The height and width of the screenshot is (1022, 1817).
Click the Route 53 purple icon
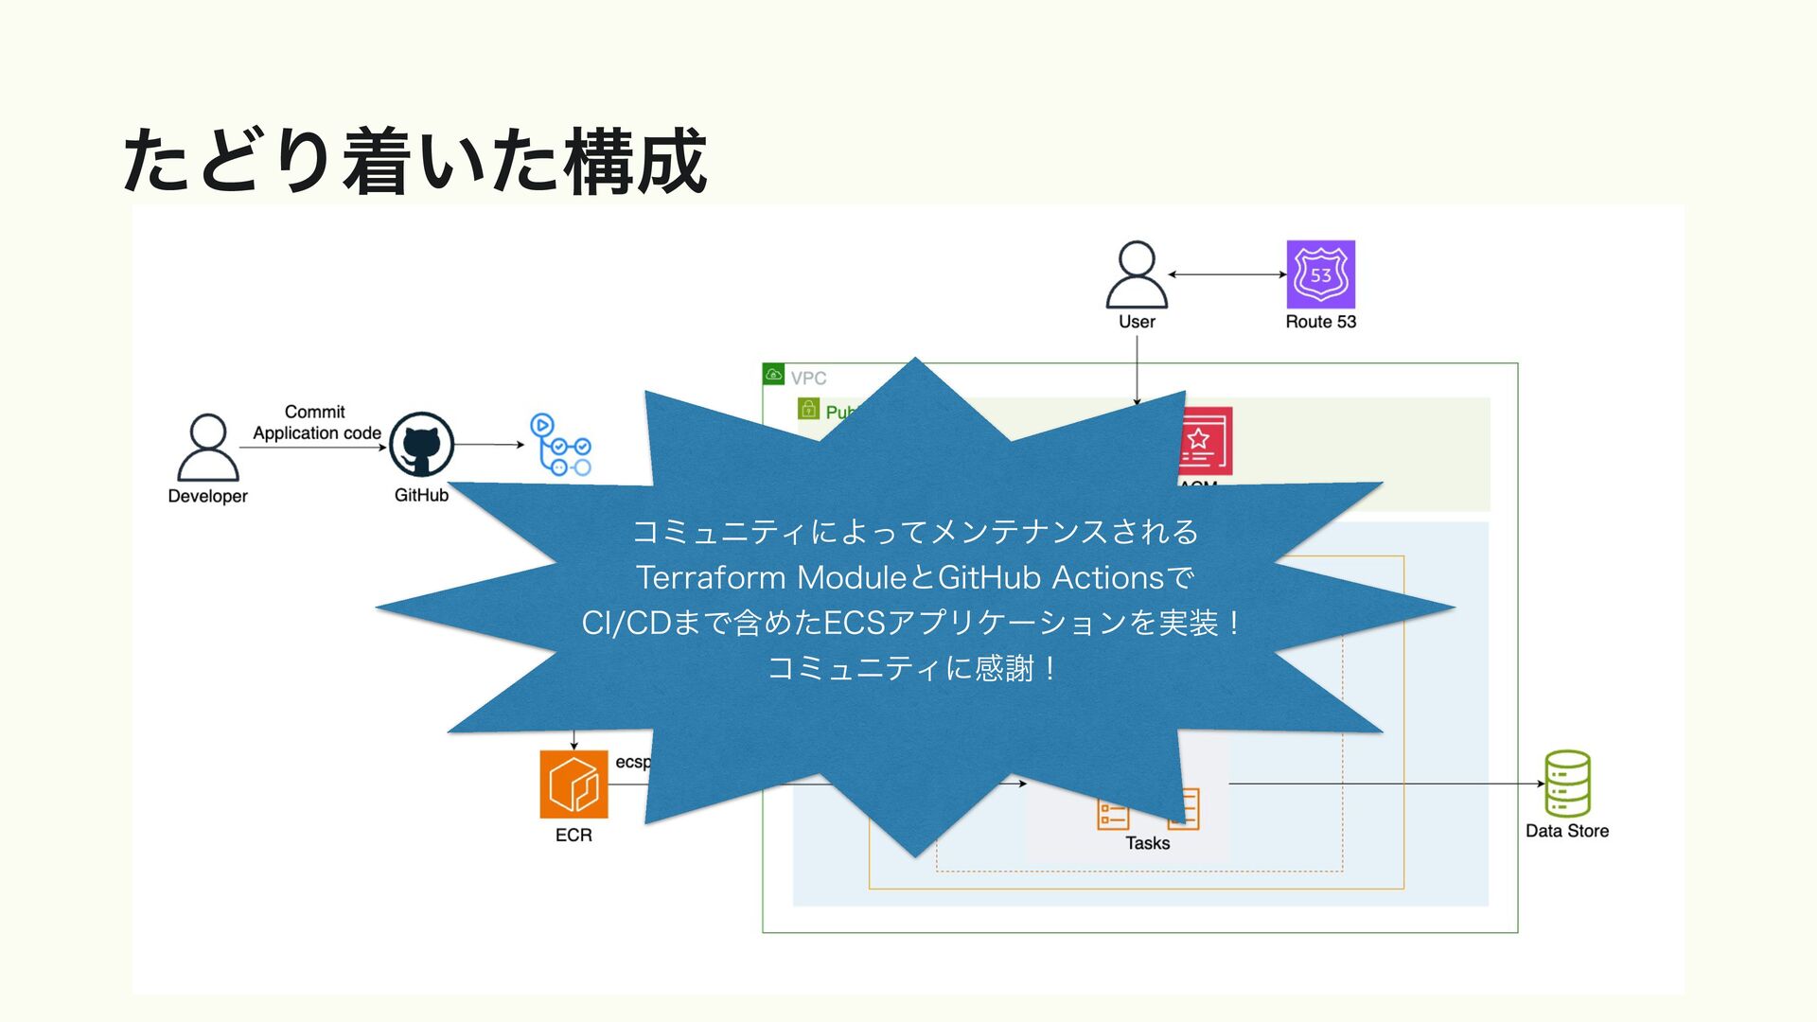point(1320,274)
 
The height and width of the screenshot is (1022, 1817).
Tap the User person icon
point(1137,274)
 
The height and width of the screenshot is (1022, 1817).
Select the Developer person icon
point(208,448)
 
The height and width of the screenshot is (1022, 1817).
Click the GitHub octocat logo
point(421,445)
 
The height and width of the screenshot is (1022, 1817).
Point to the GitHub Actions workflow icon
point(560,444)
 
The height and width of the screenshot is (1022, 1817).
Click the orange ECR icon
point(573,784)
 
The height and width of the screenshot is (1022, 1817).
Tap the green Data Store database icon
point(1567,784)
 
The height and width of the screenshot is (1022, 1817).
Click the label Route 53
point(1320,322)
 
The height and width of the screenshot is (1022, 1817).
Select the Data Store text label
point(1567,831)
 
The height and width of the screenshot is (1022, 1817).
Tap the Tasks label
point(1147,843)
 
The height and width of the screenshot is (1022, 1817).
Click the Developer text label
point(207,496)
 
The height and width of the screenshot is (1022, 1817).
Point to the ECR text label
point(573,835)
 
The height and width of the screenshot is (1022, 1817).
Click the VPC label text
point(808,379)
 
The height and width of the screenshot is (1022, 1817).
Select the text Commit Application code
point(316,423)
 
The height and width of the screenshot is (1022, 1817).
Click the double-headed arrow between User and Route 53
point(1227,274)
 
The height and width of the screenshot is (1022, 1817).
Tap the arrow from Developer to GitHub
point(312,448)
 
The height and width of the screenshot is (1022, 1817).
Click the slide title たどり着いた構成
point(415,161)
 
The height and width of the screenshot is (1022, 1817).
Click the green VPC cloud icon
point(774,375)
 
